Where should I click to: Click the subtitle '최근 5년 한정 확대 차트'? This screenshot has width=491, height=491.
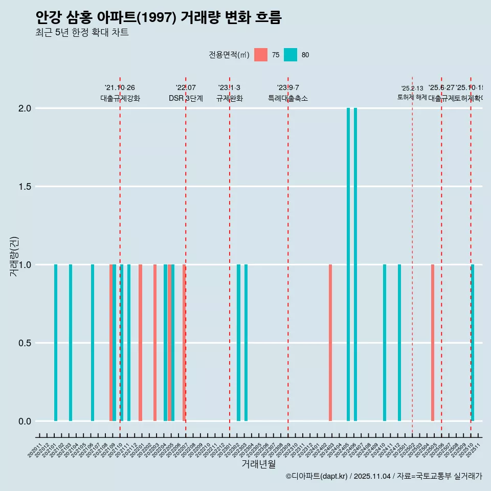(82, 33)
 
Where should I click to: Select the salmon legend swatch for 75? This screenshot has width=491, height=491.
(261, 55)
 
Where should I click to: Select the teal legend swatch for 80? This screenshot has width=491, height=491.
(291, 55)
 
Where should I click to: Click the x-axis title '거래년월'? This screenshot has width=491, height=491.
(258, 464)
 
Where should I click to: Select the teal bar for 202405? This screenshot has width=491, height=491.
(348, 264)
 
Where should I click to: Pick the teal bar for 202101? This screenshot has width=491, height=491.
(56, 343)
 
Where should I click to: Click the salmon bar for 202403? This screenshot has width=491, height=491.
(330, 343)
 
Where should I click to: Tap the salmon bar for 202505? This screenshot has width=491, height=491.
(433, 343)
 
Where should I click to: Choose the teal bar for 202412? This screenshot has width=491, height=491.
(399, 343)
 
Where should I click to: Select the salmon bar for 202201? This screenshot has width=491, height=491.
(140, 343)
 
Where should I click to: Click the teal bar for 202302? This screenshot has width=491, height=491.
(238, 343)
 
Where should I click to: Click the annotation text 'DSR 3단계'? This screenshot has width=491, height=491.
(186, 99)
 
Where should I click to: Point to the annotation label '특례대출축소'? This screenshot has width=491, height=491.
(288, 99)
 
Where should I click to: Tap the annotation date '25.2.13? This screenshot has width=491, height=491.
(412, 88)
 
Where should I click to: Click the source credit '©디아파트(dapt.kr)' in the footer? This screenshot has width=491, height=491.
(317, 477)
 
